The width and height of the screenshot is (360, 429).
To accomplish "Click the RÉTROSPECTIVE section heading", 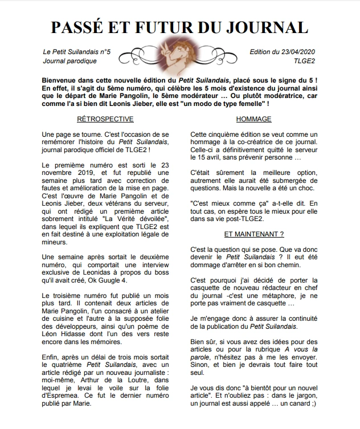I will [x=105, y=119].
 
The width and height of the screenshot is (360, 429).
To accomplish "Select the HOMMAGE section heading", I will [x=253, y=119].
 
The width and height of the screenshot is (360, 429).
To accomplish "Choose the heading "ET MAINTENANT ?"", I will [x=253, y=234].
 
